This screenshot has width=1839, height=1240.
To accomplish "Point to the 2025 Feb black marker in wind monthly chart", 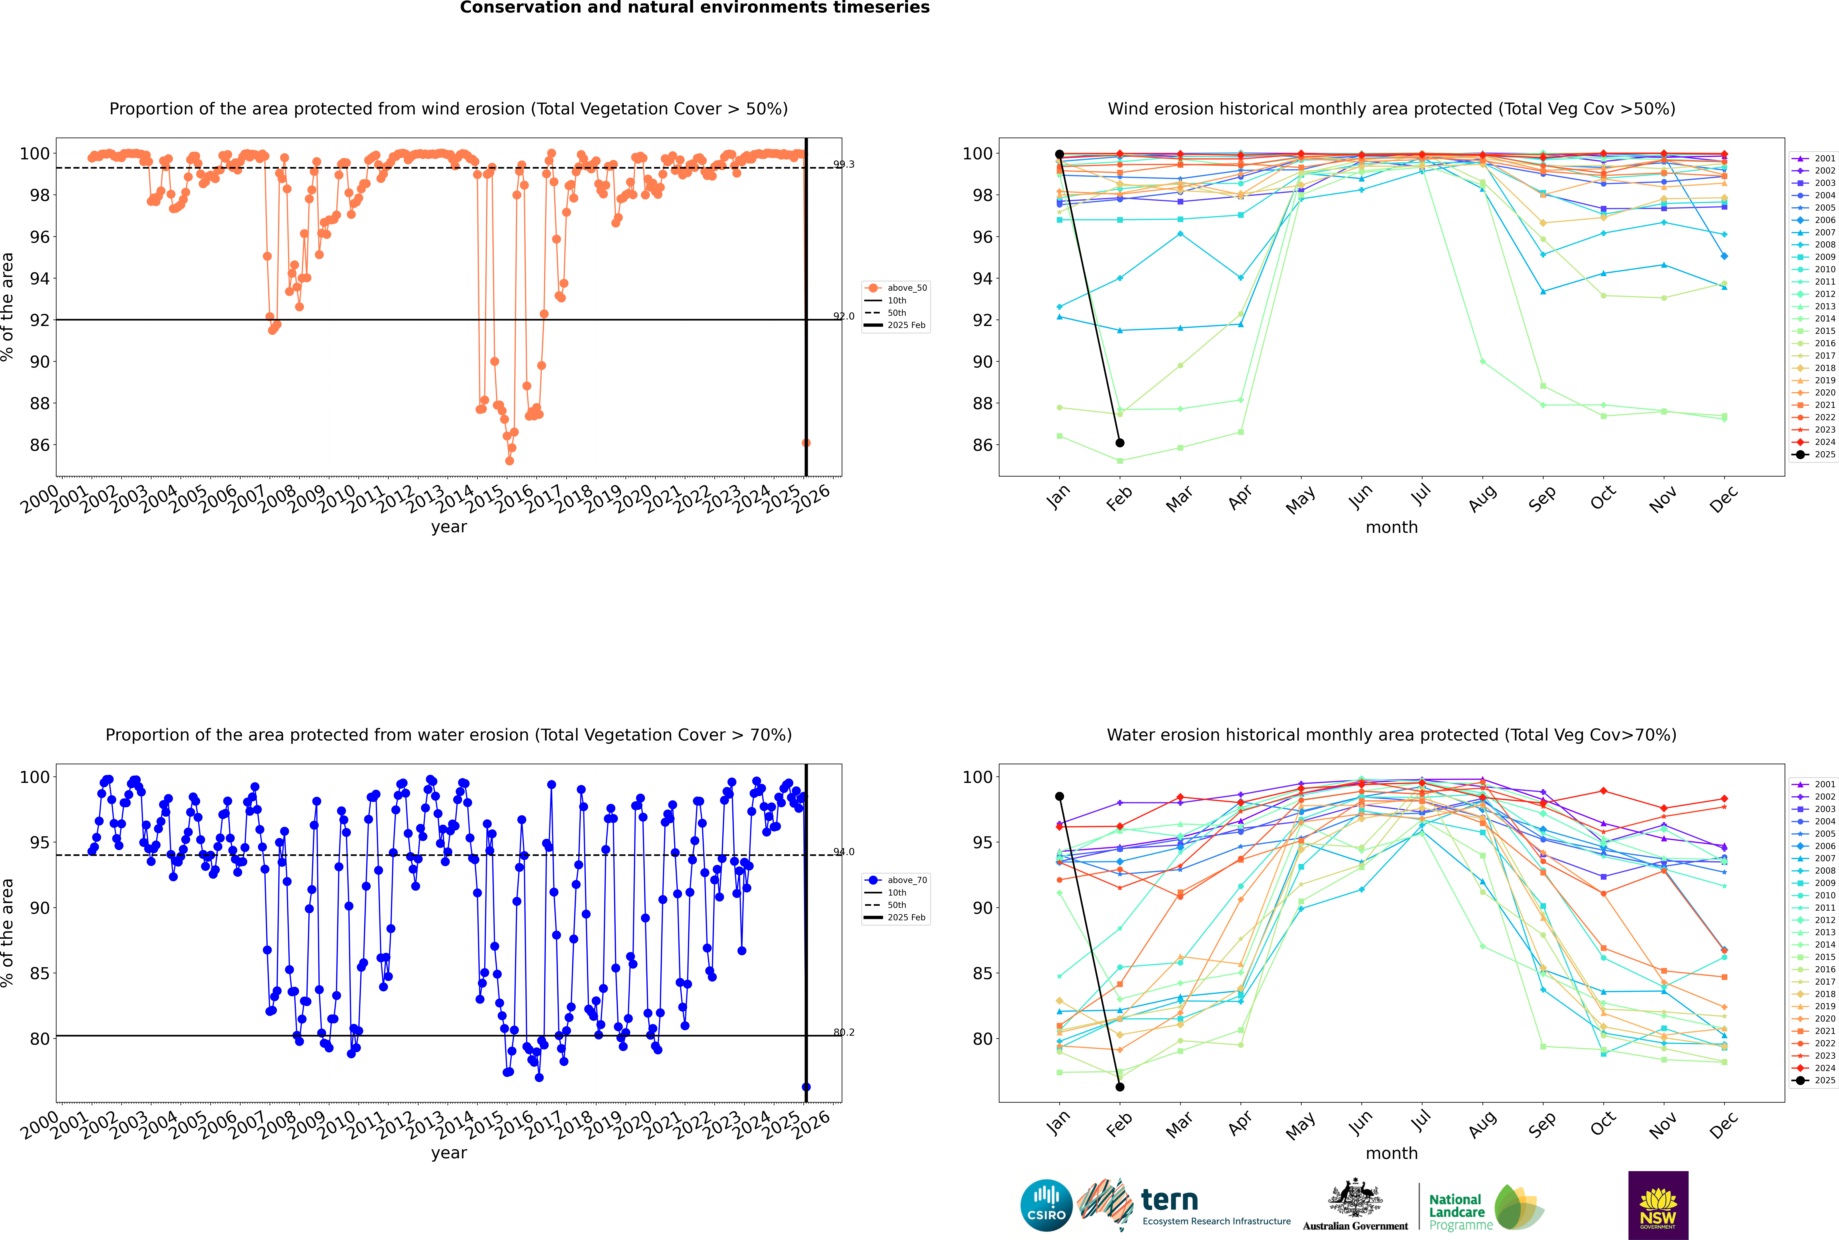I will [1120, 443].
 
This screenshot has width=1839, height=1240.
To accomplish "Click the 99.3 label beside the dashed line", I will [844, 164].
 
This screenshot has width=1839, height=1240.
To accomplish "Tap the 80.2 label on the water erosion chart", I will [844, 1032].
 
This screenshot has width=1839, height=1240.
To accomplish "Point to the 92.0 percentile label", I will [844, 316].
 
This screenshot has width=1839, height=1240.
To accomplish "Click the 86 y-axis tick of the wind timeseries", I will [39, 445].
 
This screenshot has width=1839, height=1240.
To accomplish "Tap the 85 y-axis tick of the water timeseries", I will [39, 973].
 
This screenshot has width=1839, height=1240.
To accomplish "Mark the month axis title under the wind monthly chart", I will [1391, 528].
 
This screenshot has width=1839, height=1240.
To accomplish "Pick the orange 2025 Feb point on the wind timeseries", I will [806, 443].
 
